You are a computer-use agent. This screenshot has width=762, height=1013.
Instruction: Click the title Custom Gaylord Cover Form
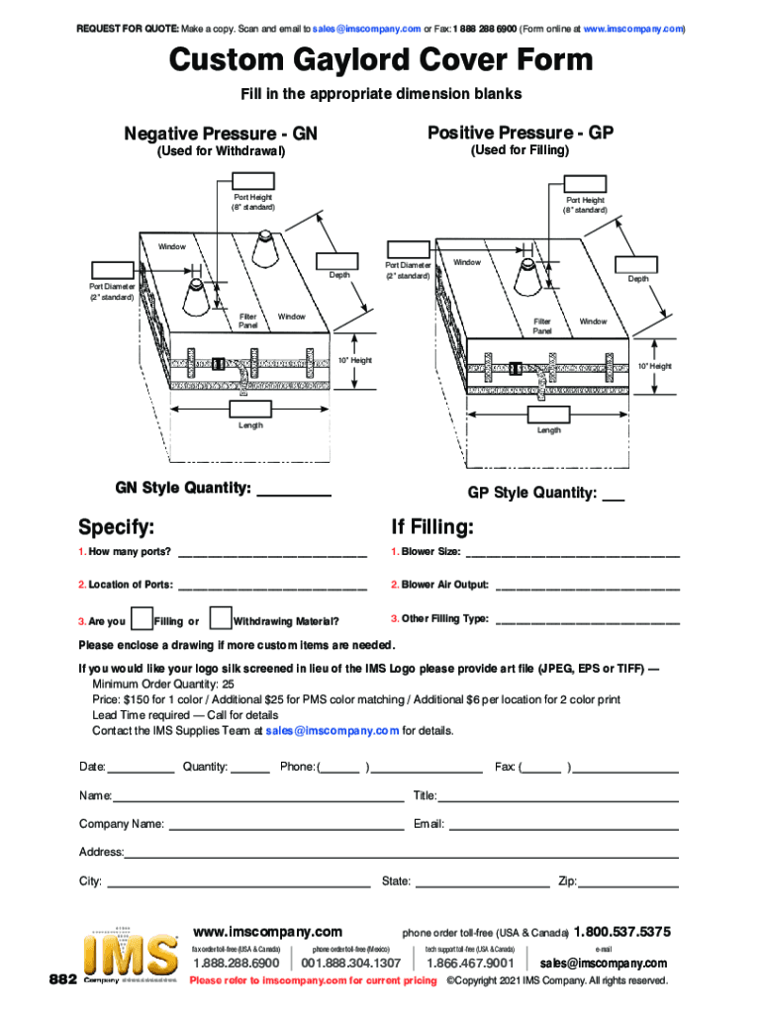381,61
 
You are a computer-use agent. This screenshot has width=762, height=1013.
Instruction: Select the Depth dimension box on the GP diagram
637,263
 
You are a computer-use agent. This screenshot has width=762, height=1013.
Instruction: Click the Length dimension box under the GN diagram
251,410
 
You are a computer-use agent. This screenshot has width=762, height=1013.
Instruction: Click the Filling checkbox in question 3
142,619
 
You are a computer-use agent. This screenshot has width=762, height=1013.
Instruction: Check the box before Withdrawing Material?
221,619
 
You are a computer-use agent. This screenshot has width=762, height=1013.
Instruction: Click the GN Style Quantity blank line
293,493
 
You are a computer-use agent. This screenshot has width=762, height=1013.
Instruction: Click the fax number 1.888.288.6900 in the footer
236,963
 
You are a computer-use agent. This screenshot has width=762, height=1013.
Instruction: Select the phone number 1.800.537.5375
622,932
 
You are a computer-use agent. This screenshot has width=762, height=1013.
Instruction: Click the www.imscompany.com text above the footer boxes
268,932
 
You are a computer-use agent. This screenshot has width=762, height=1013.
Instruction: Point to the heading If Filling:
432,525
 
